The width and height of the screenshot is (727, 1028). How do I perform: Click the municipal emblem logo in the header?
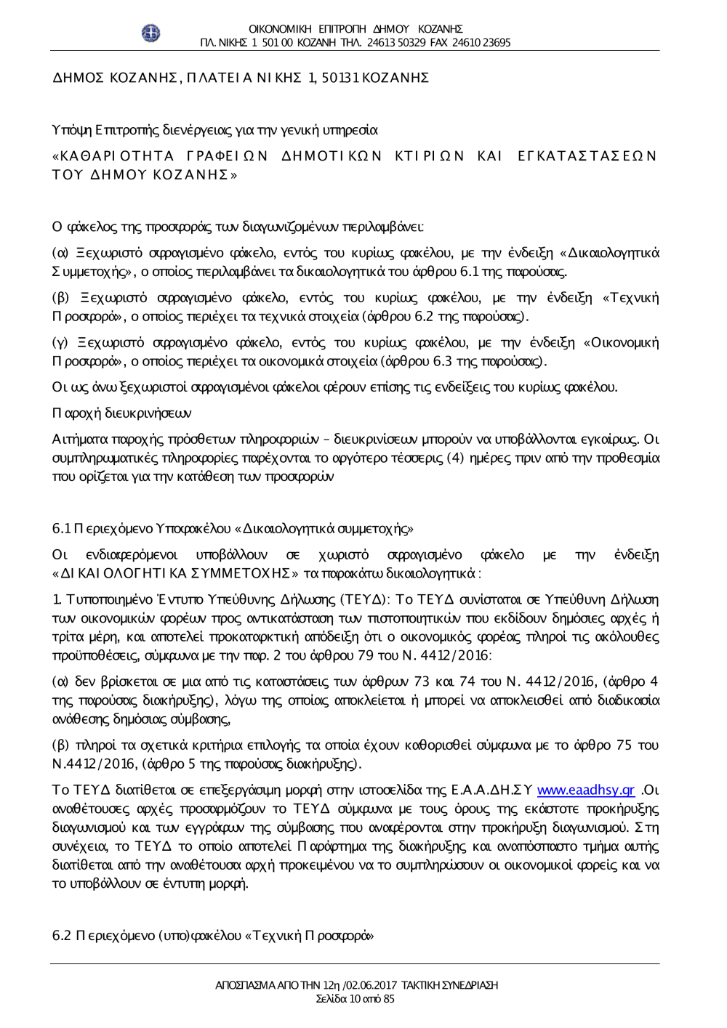[x=150, y=33]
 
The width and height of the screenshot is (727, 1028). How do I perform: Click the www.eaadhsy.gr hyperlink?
[x=585, y=790]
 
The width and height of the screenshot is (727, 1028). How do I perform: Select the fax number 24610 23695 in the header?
[x=481, y=43]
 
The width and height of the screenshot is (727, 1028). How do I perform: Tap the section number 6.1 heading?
[x=61, y=529]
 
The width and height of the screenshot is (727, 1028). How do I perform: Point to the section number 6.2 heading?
[x=62, y=935]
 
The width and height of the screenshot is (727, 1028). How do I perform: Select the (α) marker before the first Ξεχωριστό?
[x=60, y=253]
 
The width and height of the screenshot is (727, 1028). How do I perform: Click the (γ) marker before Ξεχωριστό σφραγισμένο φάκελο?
[x=60, y=342]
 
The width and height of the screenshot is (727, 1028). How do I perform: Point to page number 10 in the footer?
[x=354, y=998]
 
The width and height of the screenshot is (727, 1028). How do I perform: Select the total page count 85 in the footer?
[x=388, y=998]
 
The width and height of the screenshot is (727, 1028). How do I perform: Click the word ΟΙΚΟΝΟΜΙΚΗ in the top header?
[x=280, y=29]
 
